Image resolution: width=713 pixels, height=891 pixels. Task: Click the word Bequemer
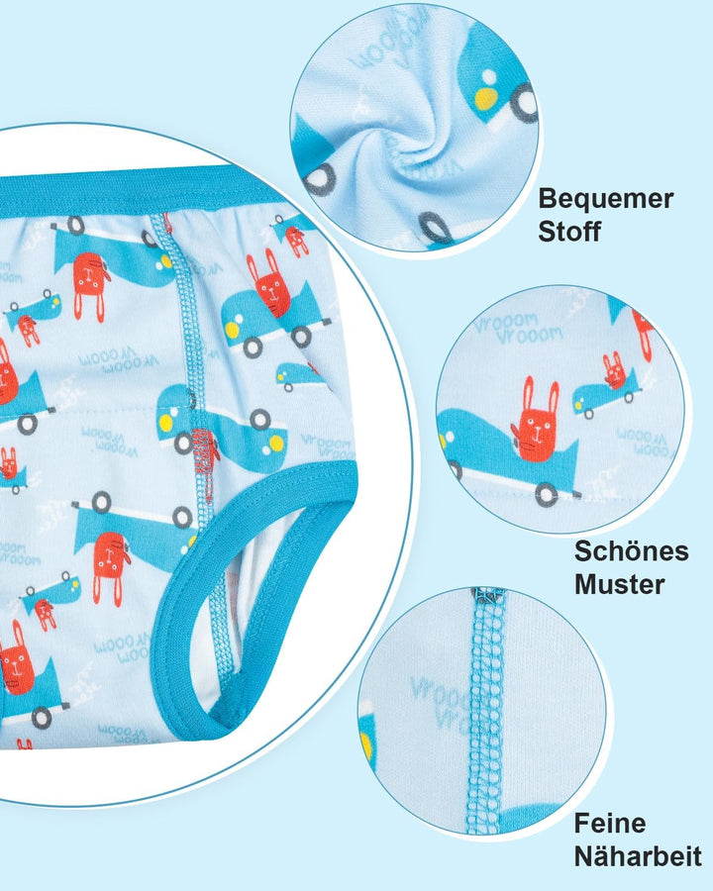tap(605, 199)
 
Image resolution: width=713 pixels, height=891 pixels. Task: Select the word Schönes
tap(631, 550)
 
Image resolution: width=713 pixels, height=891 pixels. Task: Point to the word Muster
tap(619, 583)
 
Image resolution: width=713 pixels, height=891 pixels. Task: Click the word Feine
tap(609, 823)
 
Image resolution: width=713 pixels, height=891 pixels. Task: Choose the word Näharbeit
tap(638, 855)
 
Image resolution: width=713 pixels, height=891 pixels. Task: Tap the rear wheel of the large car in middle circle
tap(545, 494)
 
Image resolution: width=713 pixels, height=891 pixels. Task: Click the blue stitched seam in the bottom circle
tap(486, 713)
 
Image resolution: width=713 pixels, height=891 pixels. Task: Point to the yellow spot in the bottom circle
tap(367, 742)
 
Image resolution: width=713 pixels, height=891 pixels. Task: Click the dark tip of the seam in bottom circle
tap(486, 595)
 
